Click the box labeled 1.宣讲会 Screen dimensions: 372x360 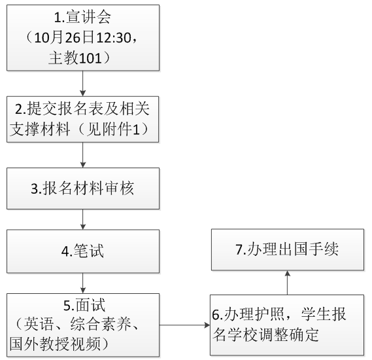click(x=83, y=38)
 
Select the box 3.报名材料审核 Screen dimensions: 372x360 click(x=83, y=189)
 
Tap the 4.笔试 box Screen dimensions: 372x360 click(x=83, y=251)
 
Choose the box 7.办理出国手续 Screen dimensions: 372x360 click(x=288, y=249)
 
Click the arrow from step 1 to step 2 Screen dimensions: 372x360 click(x=83, y=83)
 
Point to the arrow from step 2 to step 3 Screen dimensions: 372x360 click(x=83, y=155)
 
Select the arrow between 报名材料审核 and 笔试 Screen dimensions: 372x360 click(x=83, y=219)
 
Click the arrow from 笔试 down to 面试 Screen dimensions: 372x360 click(x=83, y=283)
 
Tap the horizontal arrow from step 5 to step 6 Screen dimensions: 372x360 click(x=185, y=325)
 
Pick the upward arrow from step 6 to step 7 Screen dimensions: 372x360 click(x=288, y=283)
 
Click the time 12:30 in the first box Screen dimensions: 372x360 click(x=114, y=38)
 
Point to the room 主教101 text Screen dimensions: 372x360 click(x=75, y=58)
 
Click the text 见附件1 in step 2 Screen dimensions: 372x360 click(x=113, y=130)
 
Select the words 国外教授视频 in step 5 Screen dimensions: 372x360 click(x=56, y=344)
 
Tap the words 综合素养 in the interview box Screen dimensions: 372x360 click(x=101, y=324)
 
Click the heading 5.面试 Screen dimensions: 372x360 click(x=84, y=305)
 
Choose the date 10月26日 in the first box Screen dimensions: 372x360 click(x=64, y=38)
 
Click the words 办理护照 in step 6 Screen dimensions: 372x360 click(x=254, y=314)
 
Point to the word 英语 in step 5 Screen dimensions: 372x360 click(x=39, y=324)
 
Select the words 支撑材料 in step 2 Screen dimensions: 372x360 click(x=40, y=130)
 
